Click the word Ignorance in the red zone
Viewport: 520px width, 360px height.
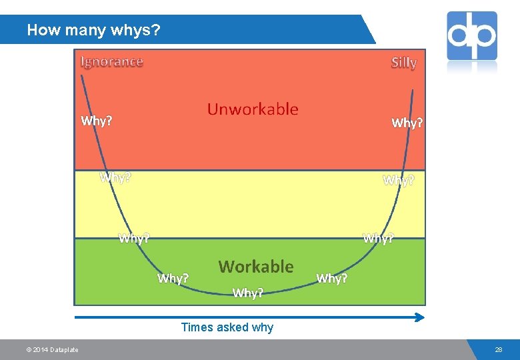click(x=111, y=62)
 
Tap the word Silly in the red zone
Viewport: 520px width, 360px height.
click(x=404, y=63)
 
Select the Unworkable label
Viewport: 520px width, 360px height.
click(x=253, y=109)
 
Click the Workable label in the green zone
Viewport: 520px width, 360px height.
click(x=256, y=267)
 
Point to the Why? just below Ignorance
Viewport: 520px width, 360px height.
click(x=97, y=121)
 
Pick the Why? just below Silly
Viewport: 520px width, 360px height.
click(x=407, y=123)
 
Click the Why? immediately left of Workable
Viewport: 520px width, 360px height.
click(x=173, y=278)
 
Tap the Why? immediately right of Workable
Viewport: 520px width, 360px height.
click(x=331, y=278)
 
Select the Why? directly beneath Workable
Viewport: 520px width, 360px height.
click(x=248, y=293)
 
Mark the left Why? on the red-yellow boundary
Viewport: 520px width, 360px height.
click(x=115, y=177)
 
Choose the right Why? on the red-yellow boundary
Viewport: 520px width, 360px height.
click(x=399, y=180)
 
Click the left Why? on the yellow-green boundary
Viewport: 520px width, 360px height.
click(x=134, y=238)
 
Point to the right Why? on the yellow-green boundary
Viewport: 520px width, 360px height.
click(x=378, y=238)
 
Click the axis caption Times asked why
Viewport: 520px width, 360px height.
click(x=227, y=327)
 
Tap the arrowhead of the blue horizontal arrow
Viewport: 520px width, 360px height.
click(x=420, y=317)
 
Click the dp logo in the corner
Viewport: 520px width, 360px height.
click(x=472, y=35)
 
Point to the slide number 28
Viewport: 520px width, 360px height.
click(x=499, y=350)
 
